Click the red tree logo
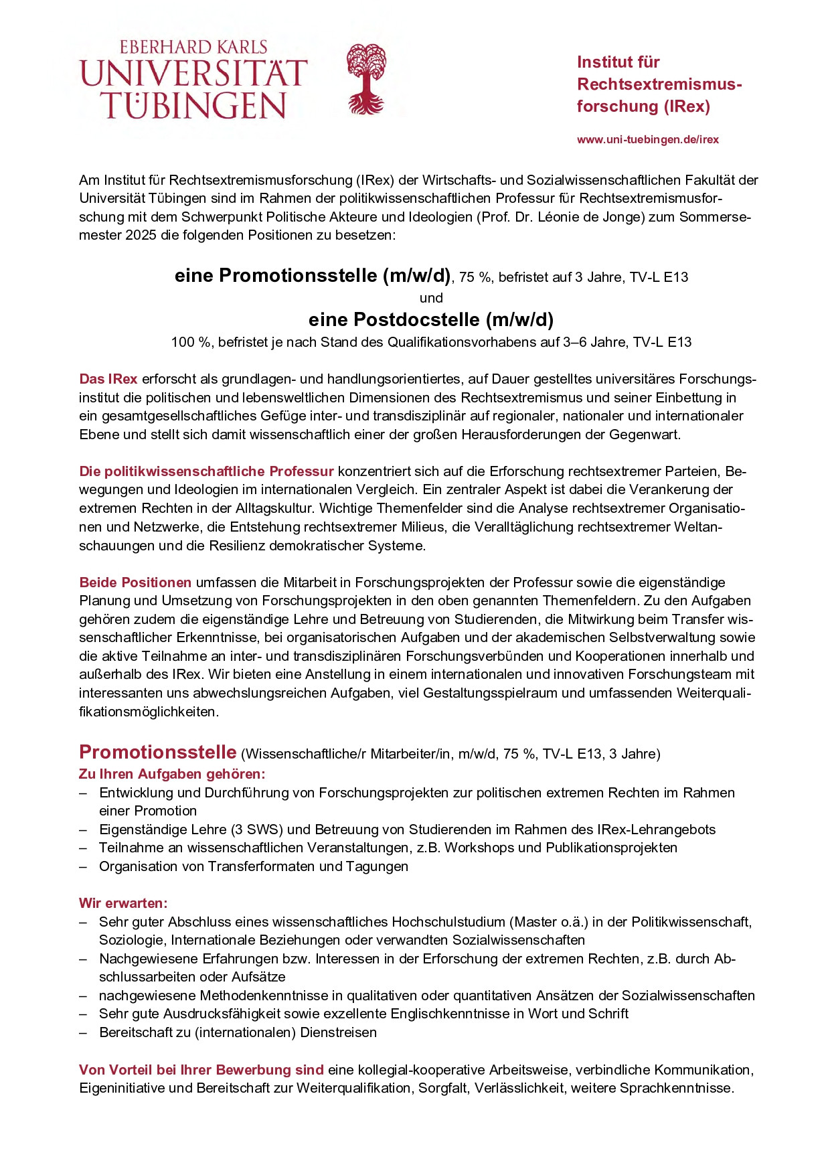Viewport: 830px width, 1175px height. coord(366,79)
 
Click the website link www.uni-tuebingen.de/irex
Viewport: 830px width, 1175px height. coord(647,140)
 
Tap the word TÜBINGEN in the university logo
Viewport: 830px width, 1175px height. coord(193,106)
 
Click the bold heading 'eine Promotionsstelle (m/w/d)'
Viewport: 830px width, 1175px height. coord(313,276)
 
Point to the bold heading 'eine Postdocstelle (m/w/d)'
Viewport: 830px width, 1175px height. coord(430,319)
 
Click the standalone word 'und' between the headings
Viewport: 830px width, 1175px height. coord(431,298)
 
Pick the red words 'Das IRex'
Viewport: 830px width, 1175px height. coord(108,379)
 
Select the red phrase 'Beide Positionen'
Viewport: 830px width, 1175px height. coord(135,582)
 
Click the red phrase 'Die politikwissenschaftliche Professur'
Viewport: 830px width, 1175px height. coord(206,471)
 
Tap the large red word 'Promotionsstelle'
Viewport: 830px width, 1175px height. coord(158,753)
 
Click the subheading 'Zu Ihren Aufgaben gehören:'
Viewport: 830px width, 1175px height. coord(172,774)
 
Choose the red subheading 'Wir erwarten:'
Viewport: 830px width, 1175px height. coord(123,903)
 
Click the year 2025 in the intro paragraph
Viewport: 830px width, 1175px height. coord(141,236)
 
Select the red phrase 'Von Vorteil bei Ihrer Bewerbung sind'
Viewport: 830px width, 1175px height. coord(201,1070)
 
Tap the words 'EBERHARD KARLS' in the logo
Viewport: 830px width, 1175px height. coord(193,48)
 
